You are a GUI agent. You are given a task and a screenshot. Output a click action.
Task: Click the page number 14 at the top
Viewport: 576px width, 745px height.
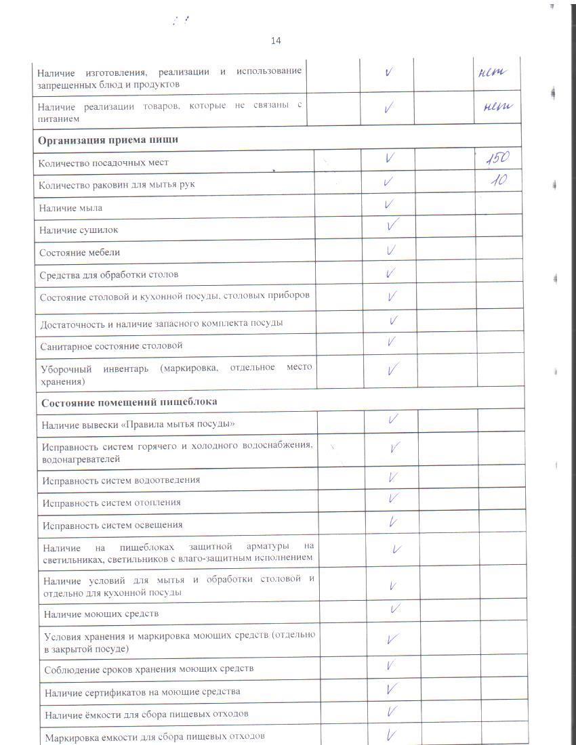pos(276,41)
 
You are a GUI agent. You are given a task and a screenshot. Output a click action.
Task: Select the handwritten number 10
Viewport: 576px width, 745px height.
pos(500,181)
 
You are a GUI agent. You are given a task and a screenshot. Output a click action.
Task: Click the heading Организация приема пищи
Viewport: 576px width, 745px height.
pos(108,140)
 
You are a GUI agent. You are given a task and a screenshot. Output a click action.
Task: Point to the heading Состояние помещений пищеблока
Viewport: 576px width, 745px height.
pos(129,402)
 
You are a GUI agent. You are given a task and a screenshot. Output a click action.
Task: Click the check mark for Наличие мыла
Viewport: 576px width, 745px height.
pos(389,204)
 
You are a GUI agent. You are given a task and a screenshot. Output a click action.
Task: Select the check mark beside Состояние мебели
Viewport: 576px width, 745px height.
pos(391,250)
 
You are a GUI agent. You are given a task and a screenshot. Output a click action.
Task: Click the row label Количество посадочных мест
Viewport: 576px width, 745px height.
pos(104,163)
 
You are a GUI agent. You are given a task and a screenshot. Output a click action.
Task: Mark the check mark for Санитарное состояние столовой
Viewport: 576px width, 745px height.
pos(392,341)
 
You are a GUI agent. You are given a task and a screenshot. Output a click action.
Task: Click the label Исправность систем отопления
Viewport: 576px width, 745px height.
pos(112,503)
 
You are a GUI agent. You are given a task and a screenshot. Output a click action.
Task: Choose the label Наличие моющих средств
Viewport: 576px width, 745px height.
pos(101,614)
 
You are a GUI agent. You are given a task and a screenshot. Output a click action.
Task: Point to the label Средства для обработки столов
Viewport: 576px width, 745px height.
pos(109,275)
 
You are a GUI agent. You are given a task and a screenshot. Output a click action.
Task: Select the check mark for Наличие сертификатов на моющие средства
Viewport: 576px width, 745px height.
pos(392,689)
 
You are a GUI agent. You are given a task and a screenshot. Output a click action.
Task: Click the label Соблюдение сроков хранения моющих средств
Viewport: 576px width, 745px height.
pos(149,669)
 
